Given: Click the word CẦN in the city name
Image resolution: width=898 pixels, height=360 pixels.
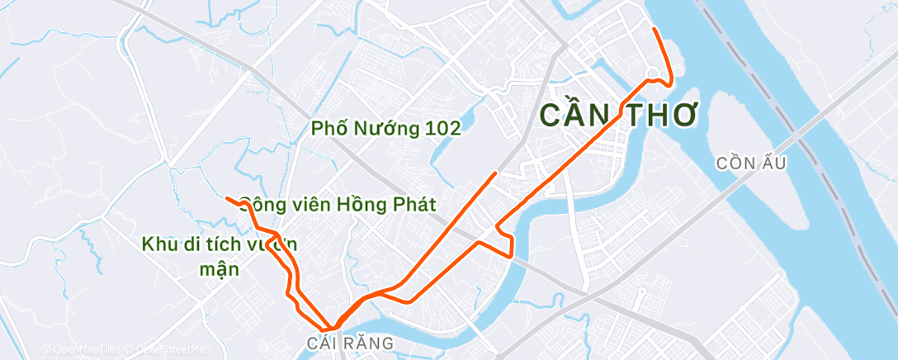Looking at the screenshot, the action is pyautogui.click(x=576, y=115).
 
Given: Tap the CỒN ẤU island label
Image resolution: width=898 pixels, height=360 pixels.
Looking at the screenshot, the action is pyautogui.click(x=751, y=163).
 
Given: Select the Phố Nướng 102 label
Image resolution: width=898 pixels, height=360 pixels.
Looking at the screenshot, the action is pyautogui.click(x=385, y=129).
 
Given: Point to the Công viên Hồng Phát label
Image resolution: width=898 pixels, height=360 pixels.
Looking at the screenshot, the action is pyautogui.click(x=337, y=205).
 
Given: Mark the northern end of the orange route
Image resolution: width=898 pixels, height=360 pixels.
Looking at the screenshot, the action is pyautogui.click(x=654, y=29).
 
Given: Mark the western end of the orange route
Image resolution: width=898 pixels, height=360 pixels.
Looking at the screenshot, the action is pyautogui.click(x=226, y=197).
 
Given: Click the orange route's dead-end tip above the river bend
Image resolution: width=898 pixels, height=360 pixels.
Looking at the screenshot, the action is pyautogui.click(x=495, y=173).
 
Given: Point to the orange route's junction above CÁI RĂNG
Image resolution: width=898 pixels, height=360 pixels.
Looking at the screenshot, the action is pyautogui.click(x=334, y=327).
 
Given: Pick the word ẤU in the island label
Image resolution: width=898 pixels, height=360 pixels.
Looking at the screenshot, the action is pyautogui.click(x=775, y=163).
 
